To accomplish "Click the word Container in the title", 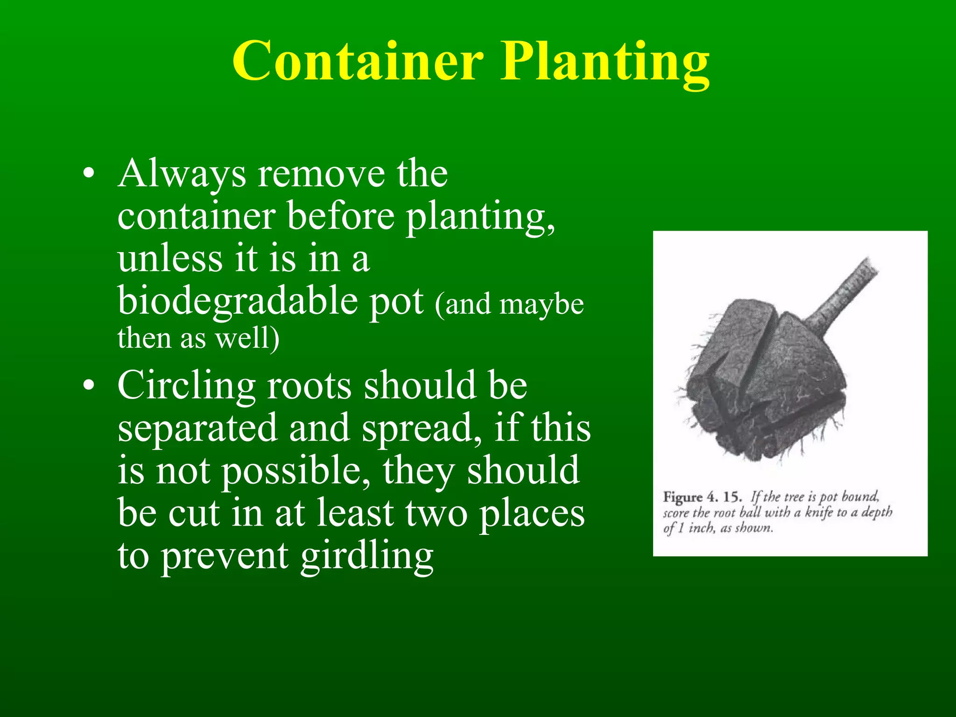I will tap(358, 62).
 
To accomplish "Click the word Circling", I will tap(186, 386).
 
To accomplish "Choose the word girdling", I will tap(366, 556).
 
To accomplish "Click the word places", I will tap(532, 513).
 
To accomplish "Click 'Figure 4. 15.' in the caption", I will tap(702, 497).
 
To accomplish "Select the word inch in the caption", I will tap(701, 528).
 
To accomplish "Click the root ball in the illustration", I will tap(761, 383).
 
